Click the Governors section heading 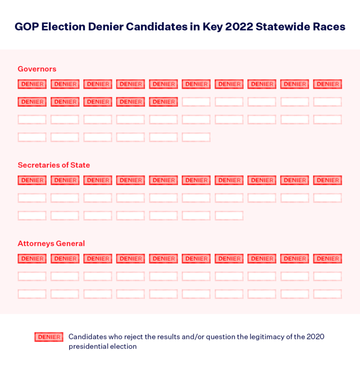pos(37,69)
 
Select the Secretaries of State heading pos(54,165)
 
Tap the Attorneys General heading pos(52,244)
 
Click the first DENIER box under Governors pos(32,84)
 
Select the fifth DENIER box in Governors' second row pos(164,102)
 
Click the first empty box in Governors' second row pos(196,102)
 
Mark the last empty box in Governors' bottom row pos(196,137)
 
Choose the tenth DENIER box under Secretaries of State pos(328,180)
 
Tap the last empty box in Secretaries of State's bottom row pos(229,215)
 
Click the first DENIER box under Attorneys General pos(32,259)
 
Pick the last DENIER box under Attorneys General pos(328,259)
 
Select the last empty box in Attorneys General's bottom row pos(328,294)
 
